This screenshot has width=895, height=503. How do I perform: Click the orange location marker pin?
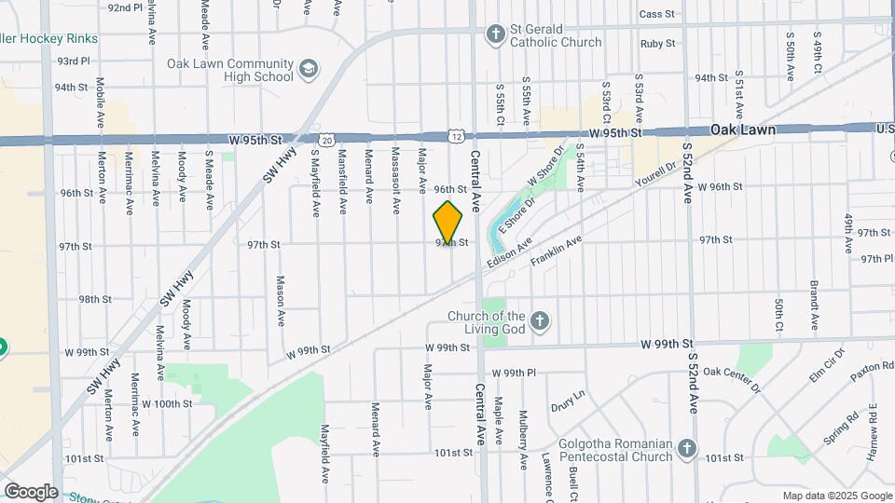pyautogui.click(x=448, y=223)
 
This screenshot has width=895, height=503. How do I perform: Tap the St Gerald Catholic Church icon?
pyautogui.click(x=495, y=34)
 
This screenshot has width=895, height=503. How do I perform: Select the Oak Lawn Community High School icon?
pyautogui.click(x=308, y=70)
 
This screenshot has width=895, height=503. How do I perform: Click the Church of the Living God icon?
pyautogui.click(x=538, y=322)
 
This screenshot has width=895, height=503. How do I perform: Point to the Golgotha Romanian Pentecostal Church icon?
pyautogui.click(x=687, y=449)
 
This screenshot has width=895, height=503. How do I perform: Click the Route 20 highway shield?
pyautogui.click(x=325, y=140)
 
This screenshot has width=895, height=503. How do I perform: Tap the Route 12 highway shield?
pyautogui.click(x=456, y=136)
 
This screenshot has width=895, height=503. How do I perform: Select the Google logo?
pyautogui.click(x=30, y=491)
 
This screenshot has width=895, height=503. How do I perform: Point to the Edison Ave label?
pyautogui.click(x=511, y=253)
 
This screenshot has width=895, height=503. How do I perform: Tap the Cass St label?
pyautogui.click(x=656, y=14)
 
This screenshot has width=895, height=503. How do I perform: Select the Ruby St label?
pyautogui.click(x=657, y=44)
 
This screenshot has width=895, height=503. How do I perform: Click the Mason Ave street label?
pyautogui.click(x=280, y=301)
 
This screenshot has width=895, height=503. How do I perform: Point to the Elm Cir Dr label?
pyautogui.click(x=826, y=360)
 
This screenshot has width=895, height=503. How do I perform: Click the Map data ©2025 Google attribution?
pyautogui.click(x=837, y=496)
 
